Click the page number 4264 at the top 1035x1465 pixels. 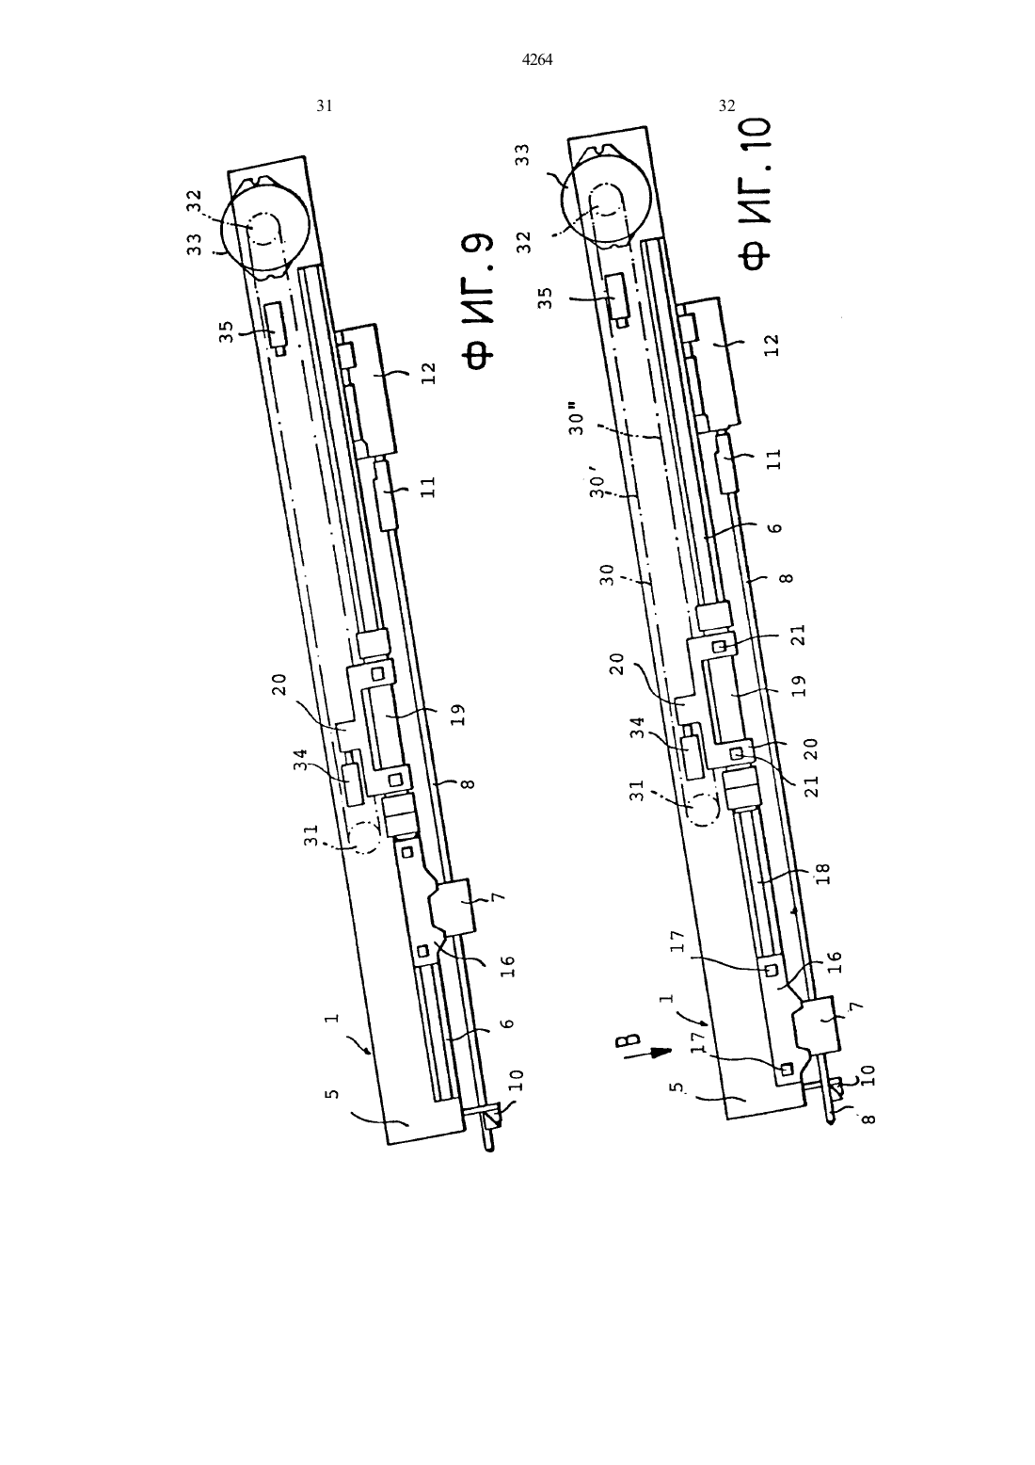point(537,60)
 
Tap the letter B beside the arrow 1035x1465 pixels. point(629,1038)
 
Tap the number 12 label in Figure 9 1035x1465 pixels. point(428,374)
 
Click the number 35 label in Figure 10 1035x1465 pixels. point(547,298)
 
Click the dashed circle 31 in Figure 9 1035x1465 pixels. point(363,838)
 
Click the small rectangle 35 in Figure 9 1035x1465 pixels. point(277,326)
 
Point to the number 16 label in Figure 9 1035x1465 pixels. point(509,967)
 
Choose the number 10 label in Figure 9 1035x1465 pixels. point(516,1078)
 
